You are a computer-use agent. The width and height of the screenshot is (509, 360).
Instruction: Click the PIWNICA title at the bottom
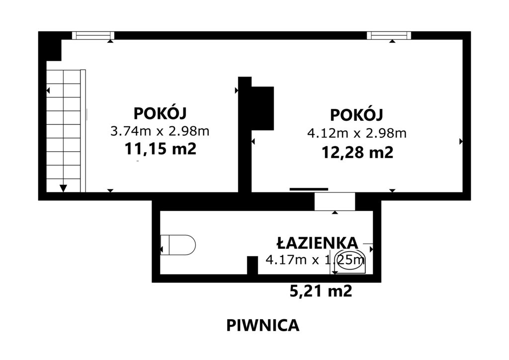[262, 325]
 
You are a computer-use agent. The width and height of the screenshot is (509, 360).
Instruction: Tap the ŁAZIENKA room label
[317, 243]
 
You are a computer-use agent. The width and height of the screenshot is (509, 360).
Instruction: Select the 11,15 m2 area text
[161, 149]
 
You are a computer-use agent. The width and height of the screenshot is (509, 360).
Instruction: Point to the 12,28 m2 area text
[357, 152]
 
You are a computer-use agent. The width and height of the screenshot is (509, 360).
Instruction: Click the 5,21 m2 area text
[321, 291]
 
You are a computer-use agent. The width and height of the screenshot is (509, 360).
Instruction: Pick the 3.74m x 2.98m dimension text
[160, 131]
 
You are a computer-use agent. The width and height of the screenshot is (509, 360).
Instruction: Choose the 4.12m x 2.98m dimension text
[357, 133]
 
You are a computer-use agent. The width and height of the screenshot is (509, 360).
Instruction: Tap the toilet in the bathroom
[178, 245]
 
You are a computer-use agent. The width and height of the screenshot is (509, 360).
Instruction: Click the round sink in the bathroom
[349, 262]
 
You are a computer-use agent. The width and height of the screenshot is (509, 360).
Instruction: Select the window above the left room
[93, 35]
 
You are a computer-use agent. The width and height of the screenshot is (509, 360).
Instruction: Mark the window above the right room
[389, 35]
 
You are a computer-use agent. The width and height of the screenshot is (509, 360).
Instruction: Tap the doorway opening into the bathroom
[335, 201]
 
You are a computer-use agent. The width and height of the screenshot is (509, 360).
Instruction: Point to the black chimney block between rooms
[262, 108]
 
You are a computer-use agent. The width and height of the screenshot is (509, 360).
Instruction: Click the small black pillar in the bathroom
[252, 265]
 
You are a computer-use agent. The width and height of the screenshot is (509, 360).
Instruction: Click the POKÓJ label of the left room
[160, 113]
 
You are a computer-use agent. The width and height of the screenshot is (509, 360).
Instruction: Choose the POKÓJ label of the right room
[357, 114]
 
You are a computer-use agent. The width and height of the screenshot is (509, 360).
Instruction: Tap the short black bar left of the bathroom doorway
[309, 189]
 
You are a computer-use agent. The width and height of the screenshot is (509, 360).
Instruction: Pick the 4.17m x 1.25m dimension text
[315, 260]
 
